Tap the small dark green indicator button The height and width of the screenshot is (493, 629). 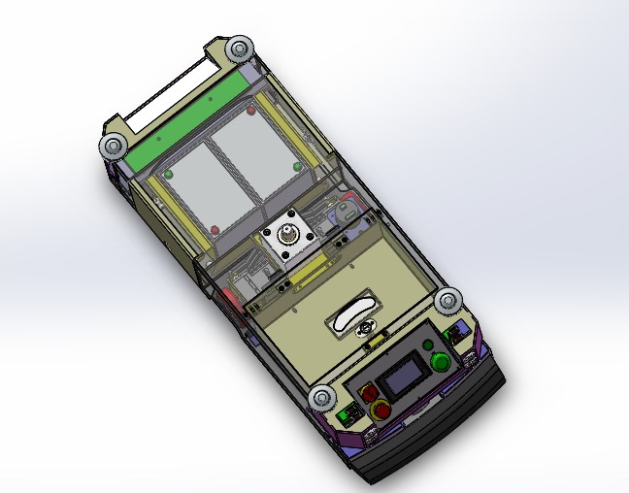[x=428, y=345]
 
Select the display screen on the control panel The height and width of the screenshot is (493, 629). [x=401, y=378]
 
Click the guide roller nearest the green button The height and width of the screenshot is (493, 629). [x=447, y=301]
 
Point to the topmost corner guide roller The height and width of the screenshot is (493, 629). [x=238, y=49]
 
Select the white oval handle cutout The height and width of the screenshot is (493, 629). [x=350, y=315]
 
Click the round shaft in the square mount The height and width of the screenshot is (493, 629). [x=288, y=236]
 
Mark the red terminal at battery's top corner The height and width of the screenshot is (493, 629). [x=251, y=111]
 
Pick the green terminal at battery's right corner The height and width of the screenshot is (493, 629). [x=298, y=166]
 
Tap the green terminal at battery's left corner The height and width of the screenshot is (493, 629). [x=168, y=175]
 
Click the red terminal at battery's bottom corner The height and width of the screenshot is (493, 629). [x=215, y=230]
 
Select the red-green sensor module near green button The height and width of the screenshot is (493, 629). [x=453, y=336]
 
